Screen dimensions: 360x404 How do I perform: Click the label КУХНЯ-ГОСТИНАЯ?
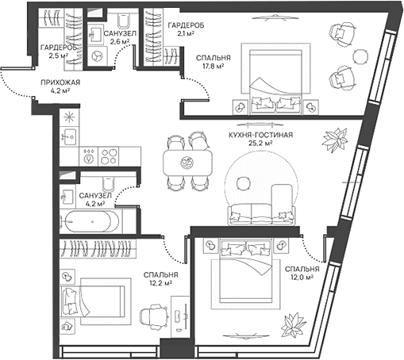[260, 136]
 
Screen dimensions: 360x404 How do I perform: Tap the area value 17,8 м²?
[213, 67]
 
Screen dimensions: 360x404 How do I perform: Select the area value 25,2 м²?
[260, 146]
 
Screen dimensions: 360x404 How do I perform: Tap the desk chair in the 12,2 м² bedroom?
[152, 316]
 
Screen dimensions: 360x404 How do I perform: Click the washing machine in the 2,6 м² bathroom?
[98, 56]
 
